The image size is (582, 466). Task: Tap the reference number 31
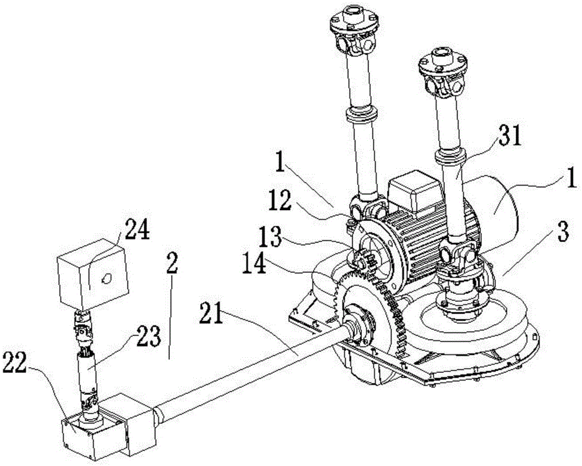click(x=509, y=137)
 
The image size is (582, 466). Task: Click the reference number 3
click(x=563, y=232)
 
